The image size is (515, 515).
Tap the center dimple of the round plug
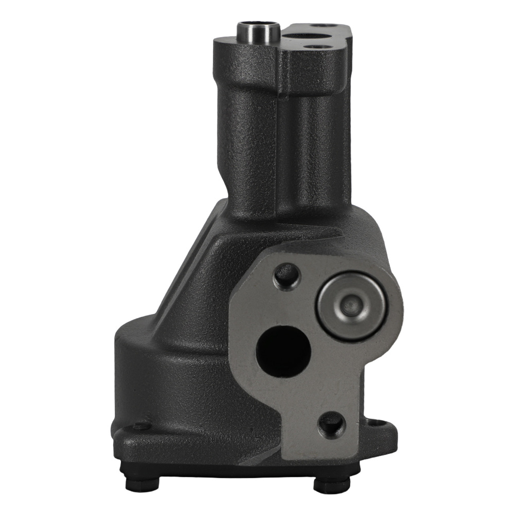tap(352, 306)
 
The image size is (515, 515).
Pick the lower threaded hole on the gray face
tap(331, 424)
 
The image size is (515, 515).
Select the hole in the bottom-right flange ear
tap(377, 423)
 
